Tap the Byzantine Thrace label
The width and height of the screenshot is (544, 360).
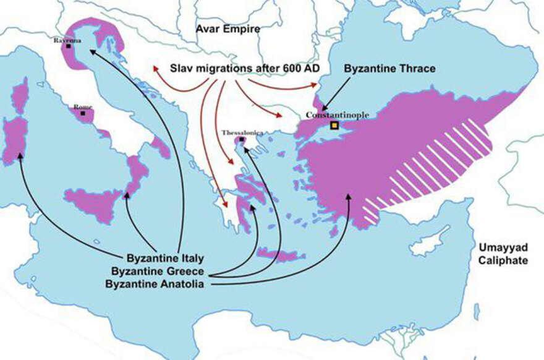[x=389, y=68]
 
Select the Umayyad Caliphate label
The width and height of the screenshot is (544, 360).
[x=502, y=254]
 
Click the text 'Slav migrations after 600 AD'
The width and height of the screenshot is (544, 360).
[x=244, y=68]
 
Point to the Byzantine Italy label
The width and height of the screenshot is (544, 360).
[x=165, y=257]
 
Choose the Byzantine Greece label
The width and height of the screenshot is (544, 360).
[x=159, y=271]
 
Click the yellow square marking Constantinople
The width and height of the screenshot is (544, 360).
[x=334, y=126]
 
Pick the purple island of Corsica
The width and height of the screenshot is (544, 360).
[x=21, y=96]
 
